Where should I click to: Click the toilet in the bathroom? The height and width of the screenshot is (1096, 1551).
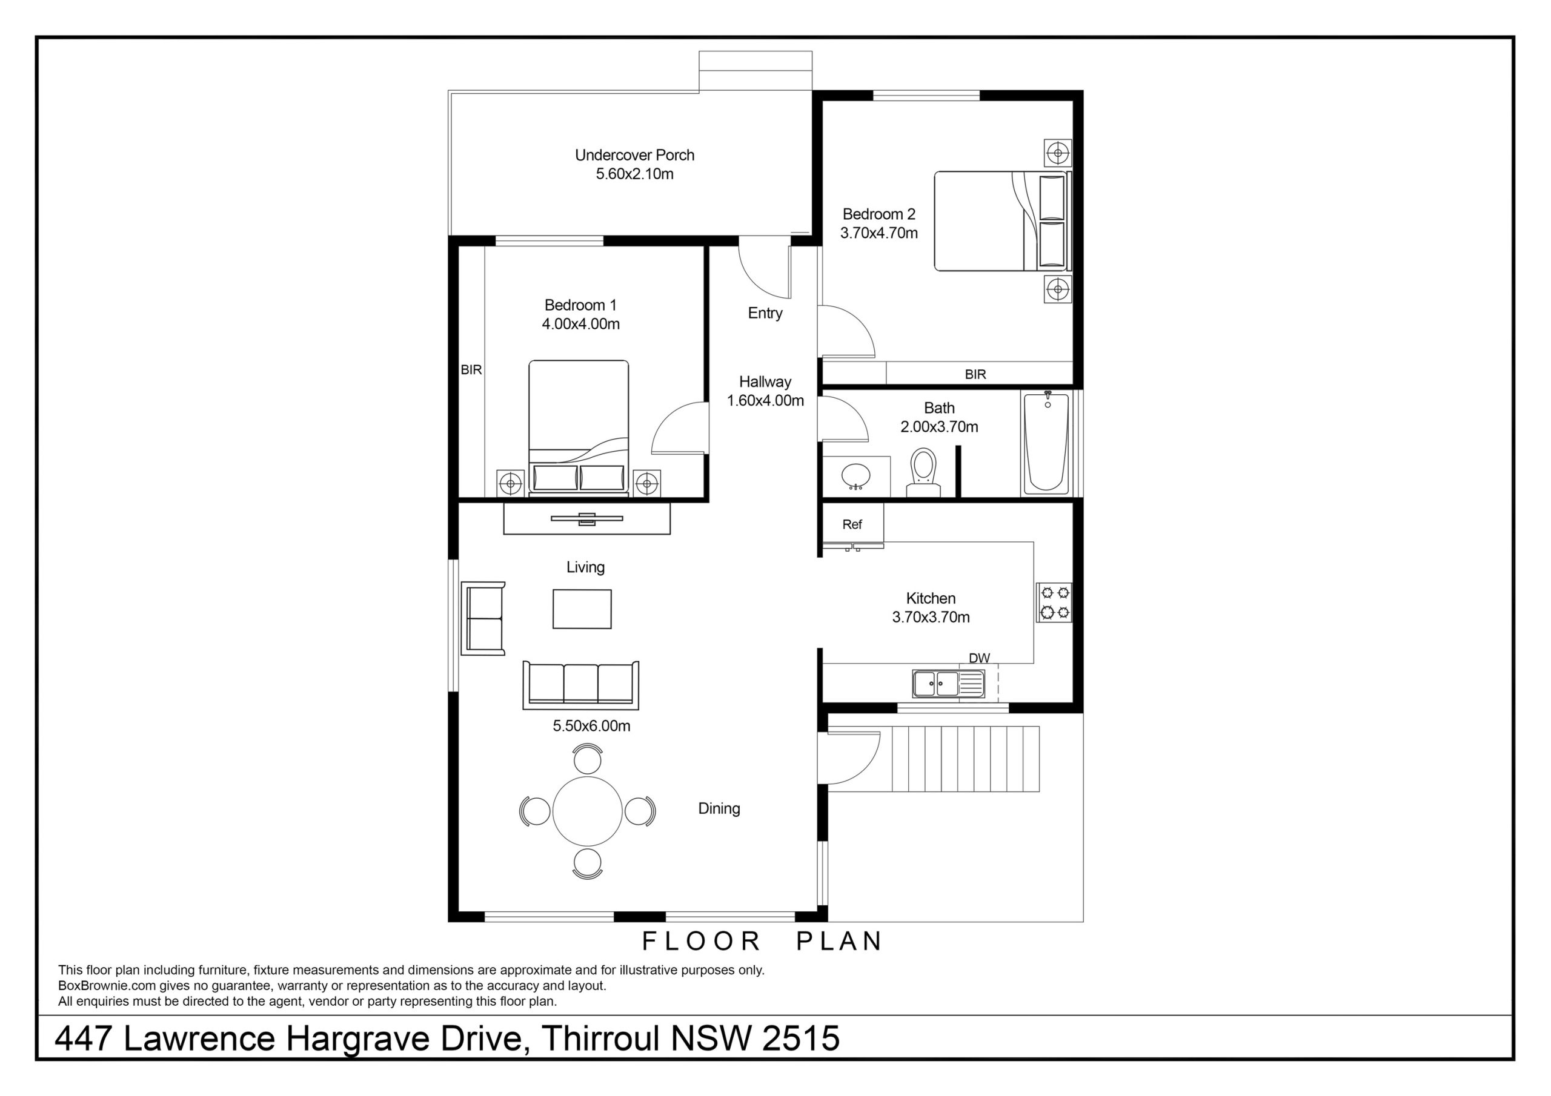tap(923, 473)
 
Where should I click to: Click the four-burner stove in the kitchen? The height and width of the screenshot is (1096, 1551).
tap(1054, 602)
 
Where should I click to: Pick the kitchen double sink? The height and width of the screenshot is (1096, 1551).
tap(948, 684)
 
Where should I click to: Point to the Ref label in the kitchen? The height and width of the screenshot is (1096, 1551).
tap(852, 525)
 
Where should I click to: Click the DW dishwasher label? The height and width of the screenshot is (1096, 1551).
tap(979, 658)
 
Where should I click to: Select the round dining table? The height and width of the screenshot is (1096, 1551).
tap(587, 811)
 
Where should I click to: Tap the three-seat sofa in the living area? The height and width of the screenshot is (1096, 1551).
tap(580, 685)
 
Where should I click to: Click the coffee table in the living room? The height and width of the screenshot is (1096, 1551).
tap(582, 609)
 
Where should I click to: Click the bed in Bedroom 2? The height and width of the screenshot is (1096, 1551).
tap(1003, 221)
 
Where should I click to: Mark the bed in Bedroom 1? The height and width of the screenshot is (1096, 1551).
tap(579, 428)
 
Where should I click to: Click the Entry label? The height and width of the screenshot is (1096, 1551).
tap(765, 313)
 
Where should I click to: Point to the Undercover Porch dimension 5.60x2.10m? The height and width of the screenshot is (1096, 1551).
tap(634, 174)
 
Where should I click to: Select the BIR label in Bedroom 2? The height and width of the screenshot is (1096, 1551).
tap(975, 374)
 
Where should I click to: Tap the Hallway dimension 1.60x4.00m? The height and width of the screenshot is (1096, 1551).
tap(765, 400)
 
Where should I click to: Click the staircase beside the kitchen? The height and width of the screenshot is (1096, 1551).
tap(966, 759)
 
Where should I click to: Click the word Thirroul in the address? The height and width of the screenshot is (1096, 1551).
tap(600, 1038)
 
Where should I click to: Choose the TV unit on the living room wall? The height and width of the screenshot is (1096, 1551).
tap(587, 518)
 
